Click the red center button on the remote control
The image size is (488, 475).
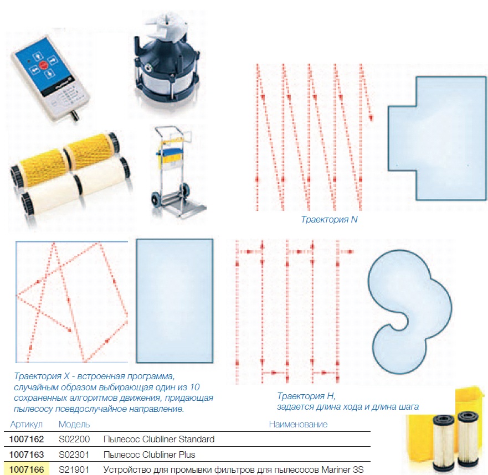pyautogui.click(x=43, y=65)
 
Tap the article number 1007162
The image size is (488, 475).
pyautogui.click(x=27, y=439)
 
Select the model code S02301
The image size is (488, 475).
pyautogui.click(x=74, y=455)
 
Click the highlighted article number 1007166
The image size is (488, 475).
pyautogui.click(x=27, y=469)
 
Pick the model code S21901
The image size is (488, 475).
pyautogui.click(x=74, y=469)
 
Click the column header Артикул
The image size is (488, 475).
pyautogui.click(x=27, y=425)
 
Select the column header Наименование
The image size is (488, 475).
pyautogui.click(x=298, y=424)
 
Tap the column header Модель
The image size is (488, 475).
pyautogui.click(x=74, y=424)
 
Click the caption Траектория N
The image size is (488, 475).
pyautogui.click(x=329, y=219)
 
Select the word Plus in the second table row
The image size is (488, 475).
pyautogui.click(x=187, y=455)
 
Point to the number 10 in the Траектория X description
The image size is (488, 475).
pyautogui.click(x=194, y=387)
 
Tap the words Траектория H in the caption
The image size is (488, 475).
pyautogui.click(x=306, y=396)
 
